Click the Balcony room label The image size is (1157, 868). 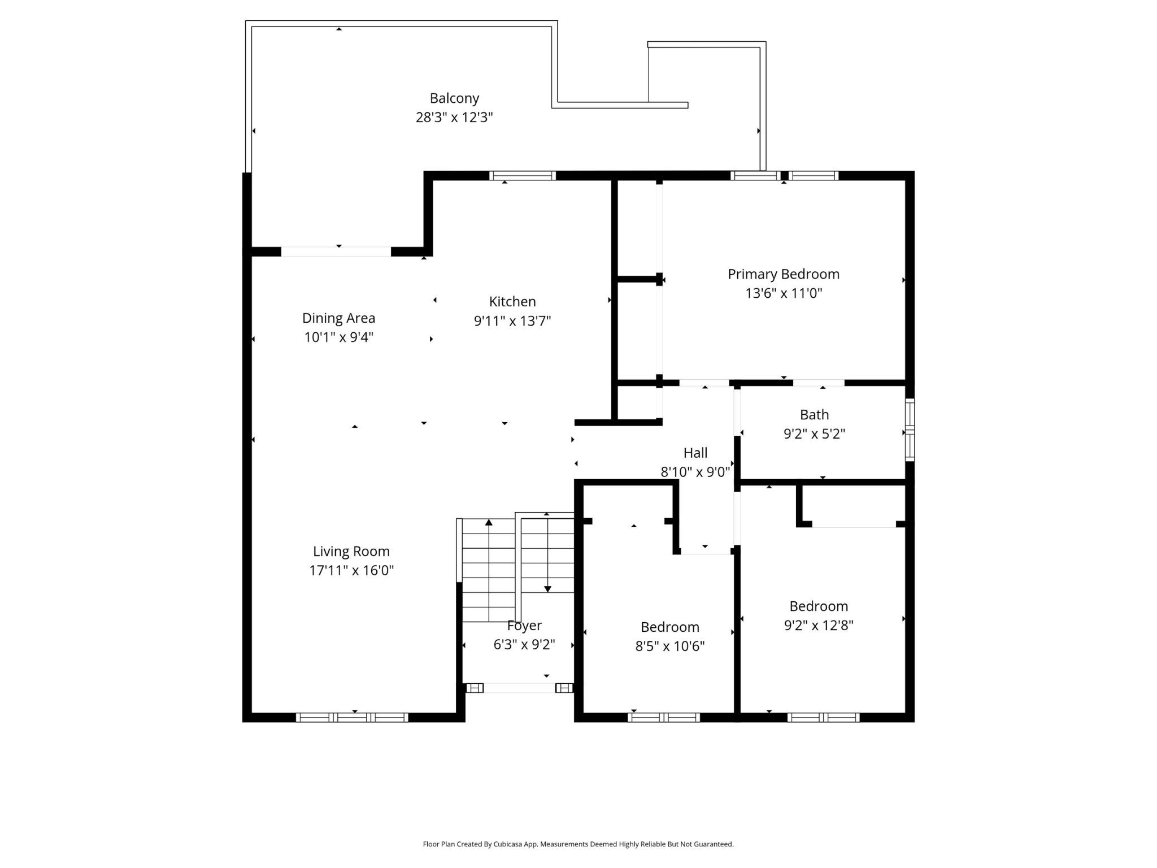(x=454, y=98)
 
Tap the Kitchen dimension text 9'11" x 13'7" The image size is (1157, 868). (x=512, y=321)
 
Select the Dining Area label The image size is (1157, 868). (x=338, y=318)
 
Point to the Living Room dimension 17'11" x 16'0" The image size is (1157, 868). (x=351, y=570)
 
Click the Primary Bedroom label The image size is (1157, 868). (x=784, y=275)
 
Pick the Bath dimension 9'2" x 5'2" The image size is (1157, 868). (x=814, y=434)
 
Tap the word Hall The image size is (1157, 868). (x=695, y=453)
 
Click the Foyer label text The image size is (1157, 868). (x=524, y=626)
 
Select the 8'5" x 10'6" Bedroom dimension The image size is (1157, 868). (x=669, y=646)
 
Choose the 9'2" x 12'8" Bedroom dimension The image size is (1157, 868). (x=819, y=625)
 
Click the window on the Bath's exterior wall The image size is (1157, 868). (x=910, y=430)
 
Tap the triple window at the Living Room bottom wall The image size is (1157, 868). (x=352, y=718)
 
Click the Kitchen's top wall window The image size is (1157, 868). (x=522, y=176)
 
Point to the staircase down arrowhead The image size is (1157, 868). (x=547, y=589)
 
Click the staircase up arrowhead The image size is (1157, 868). (x=489, y=522)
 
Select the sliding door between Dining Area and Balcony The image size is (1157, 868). (x=336, y=252)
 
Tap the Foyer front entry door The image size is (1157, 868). (x=519, y=688)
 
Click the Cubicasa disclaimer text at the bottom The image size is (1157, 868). (x=578, y=844)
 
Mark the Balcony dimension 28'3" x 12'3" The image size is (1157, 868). (x=454, y=118)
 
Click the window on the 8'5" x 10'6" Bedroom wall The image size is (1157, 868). (x=664, y=718)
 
